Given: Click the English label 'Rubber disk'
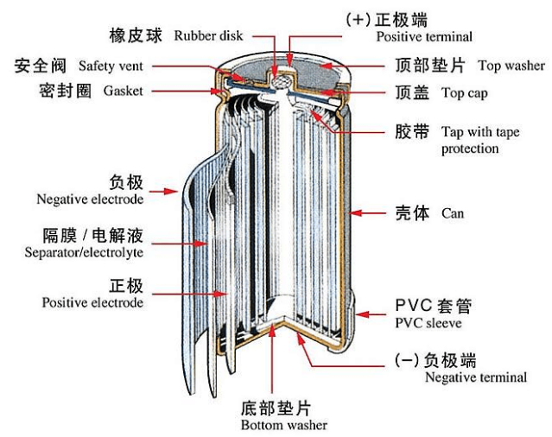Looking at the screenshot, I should click(x=208, y=35).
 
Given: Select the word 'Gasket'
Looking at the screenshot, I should click(x=123, y=90).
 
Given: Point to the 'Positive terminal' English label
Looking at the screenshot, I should click(x=423, y=37).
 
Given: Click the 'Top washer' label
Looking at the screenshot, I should click(x=511, y=66).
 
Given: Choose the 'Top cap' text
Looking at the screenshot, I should click(x=466, y=92).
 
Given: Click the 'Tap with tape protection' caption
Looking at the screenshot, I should click(x=482, y=141).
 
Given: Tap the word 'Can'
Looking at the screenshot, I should click(x=453, y=212).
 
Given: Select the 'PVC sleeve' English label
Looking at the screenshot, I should click(x=428, y=323).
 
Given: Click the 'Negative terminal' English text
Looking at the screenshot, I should click(x=475, y=377).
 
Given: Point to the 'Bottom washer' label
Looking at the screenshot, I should click(x=284, y=425).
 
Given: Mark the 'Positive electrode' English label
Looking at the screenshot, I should click(x=92, y=302).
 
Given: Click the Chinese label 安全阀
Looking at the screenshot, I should click(x=41, y=66).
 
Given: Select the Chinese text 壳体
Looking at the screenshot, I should click(x=414, y=212).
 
